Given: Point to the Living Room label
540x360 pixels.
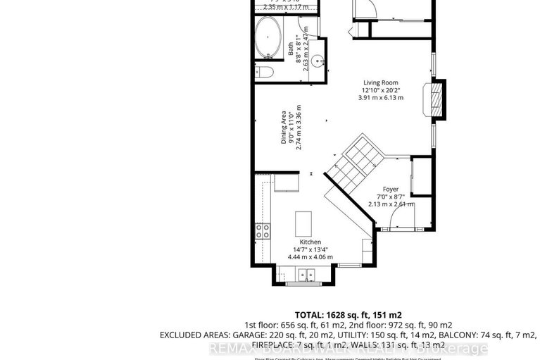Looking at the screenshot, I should (x=381, y=82).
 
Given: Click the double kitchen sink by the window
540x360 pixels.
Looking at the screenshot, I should (x=306, y=275).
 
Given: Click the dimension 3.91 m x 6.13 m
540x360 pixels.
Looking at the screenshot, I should (x=381, y=98).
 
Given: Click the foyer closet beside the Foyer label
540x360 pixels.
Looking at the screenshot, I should (x=420, y=177).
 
